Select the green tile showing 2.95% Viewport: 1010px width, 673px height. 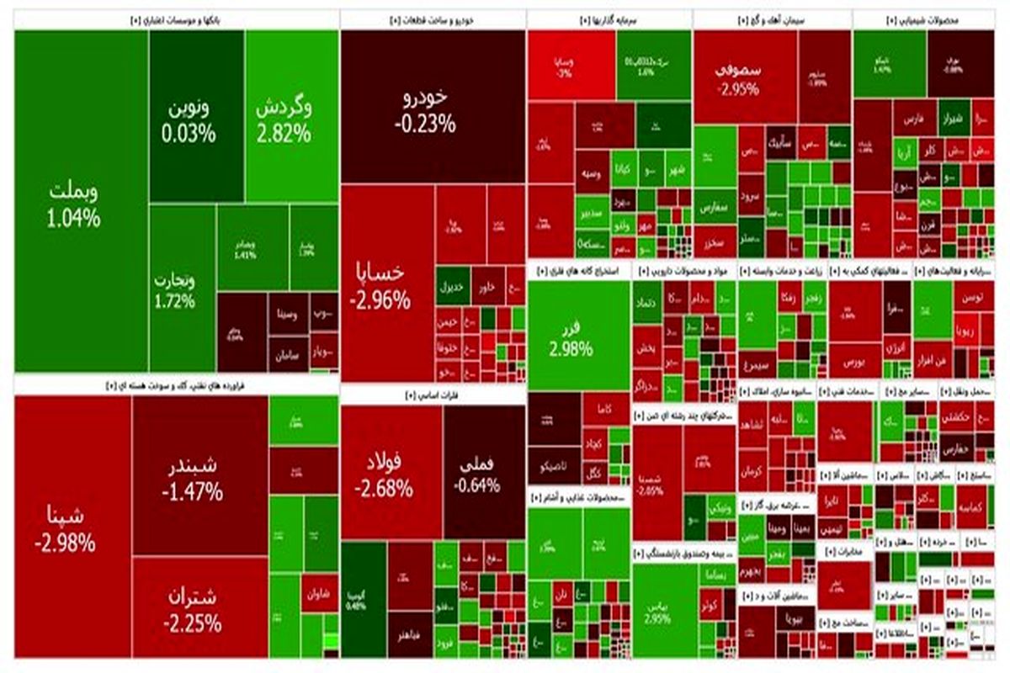(x=664, y=610)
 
